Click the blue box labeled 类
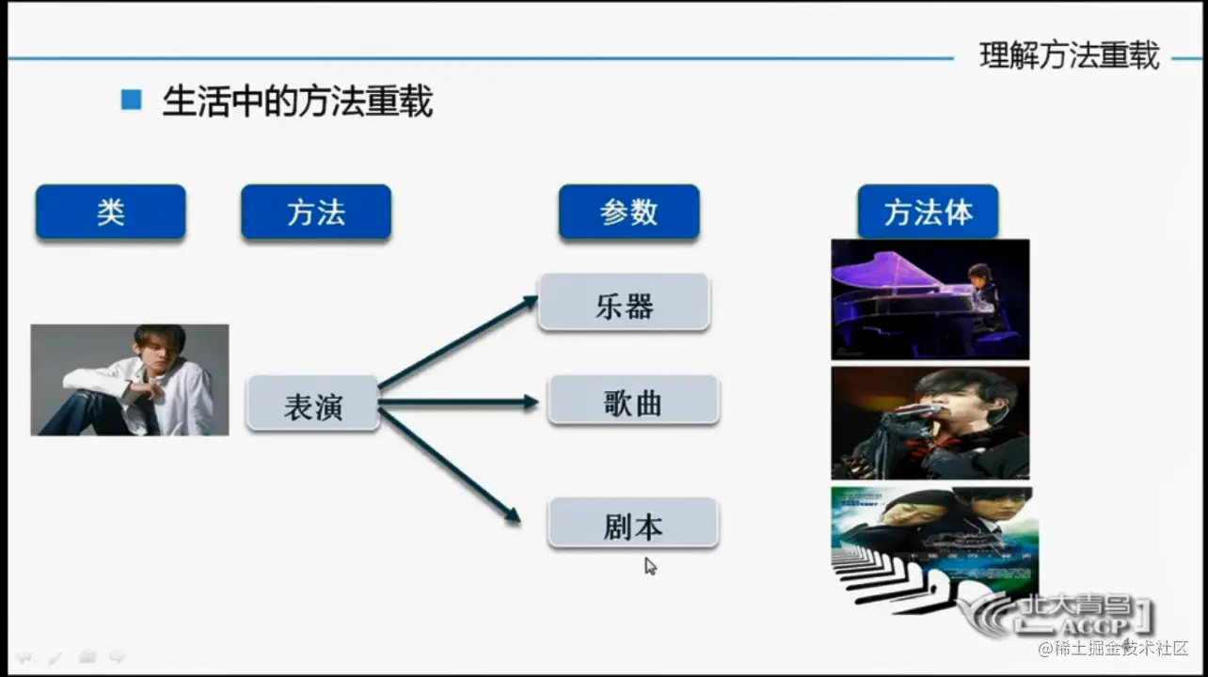coord(111,212)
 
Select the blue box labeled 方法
coord(316,212)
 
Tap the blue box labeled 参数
coord(628,212)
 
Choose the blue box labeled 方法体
coord(928,212)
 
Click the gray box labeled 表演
coord(312,403)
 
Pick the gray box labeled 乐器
coord(624,302)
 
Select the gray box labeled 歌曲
coord(633,400)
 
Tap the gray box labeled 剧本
coord(633,523)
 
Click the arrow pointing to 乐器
coord(458,341)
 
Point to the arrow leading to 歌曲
coord(458,402)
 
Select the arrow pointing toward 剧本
coord(450,465)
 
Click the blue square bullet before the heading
coord(131,100)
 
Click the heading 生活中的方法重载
coord(297,101)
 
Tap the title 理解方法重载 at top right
coord(1069,55)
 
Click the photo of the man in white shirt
coord(130,380)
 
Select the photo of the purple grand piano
coord(930,299)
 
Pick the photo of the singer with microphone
coord(930,423)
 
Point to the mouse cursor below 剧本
coord(650,566)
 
